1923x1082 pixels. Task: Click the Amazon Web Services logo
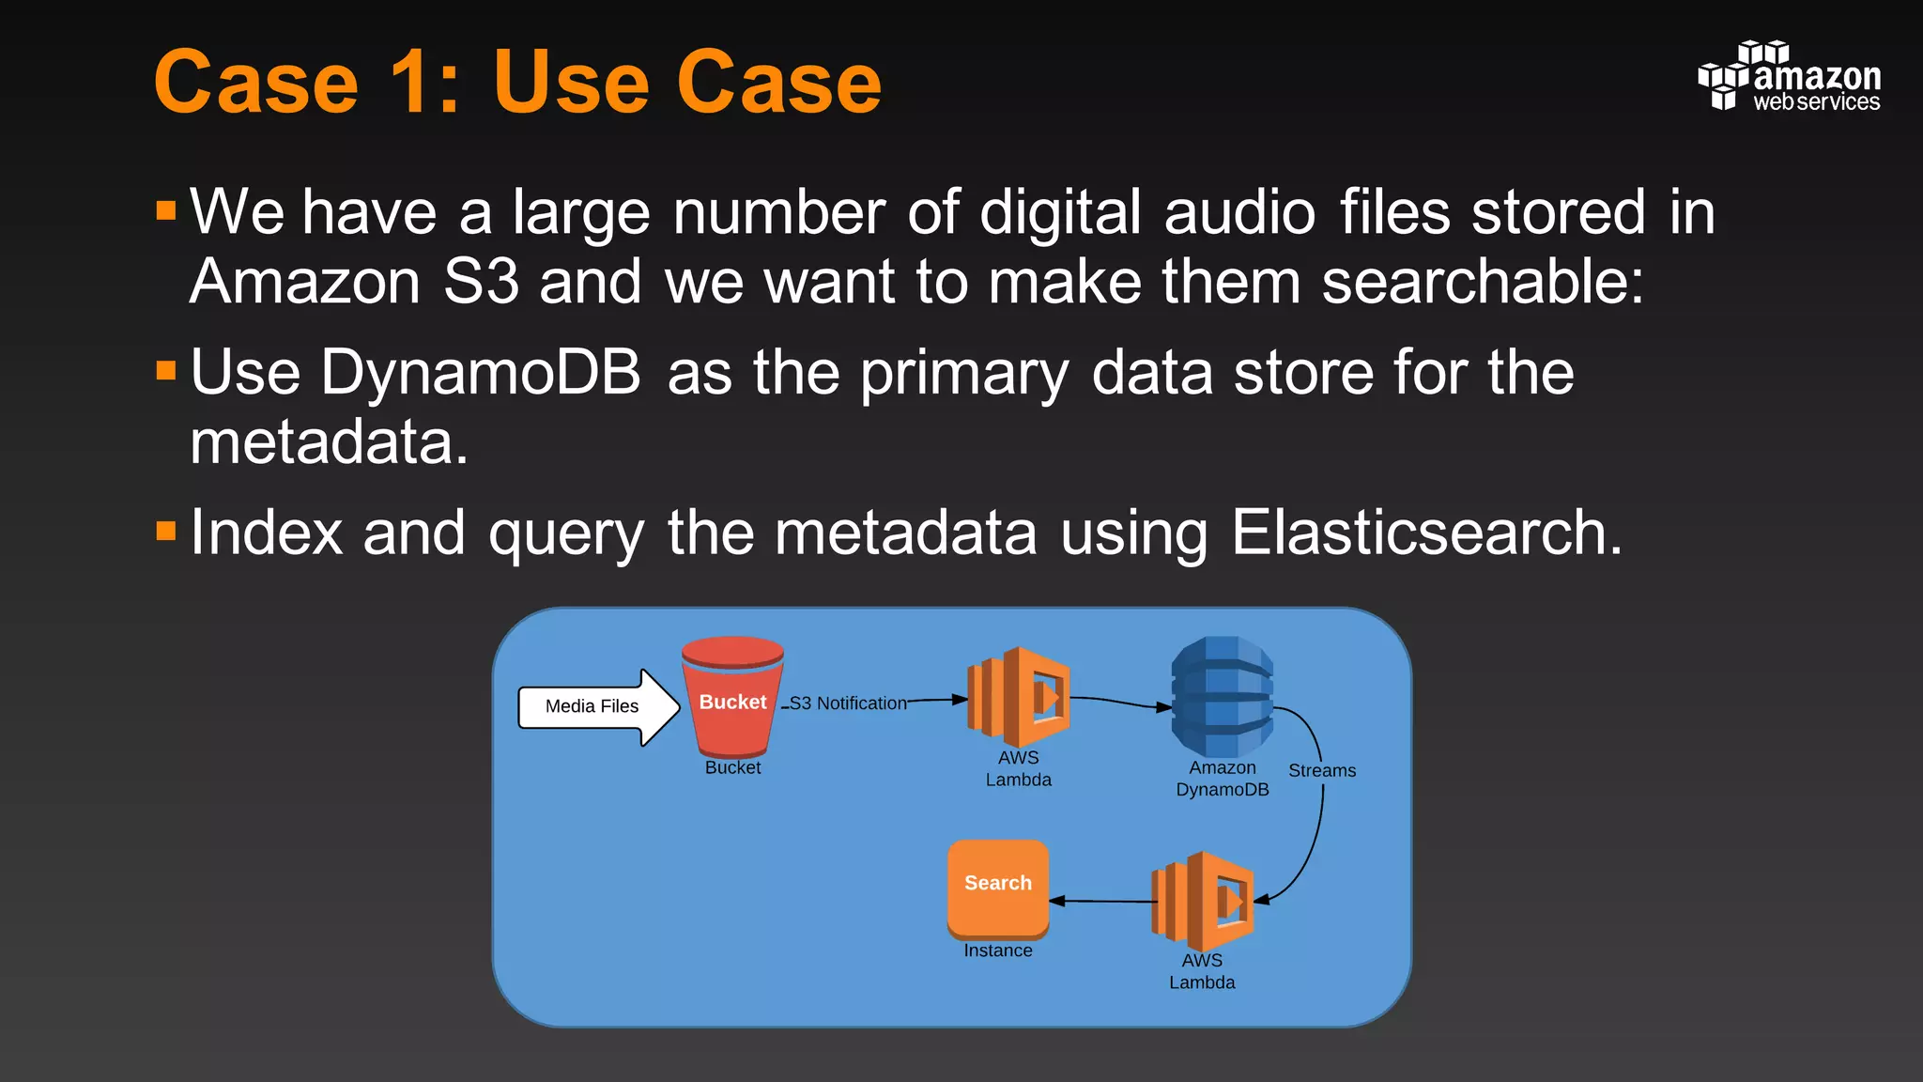click(x=1789, y=77)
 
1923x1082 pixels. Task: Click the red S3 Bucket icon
click(x=732, y=697)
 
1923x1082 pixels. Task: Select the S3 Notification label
click(x=848, y=703)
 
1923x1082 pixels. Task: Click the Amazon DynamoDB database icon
click(x=1222, y=697)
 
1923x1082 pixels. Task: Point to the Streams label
click(x=1321, y=771)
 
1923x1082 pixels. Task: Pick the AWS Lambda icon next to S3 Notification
click(x=1019, y=696)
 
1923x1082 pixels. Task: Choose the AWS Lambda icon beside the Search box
click(x=1203, y=901)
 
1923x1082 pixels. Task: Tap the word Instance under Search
click(x=997, y=951)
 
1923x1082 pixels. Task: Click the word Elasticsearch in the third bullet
click(x=1425, y=533)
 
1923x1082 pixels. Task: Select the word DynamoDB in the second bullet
click(x=481, y=373)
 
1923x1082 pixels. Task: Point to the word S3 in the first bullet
click(x=480, y=282)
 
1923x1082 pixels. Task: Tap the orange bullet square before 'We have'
click(x=166, y=209)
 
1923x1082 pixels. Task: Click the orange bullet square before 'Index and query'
click(x=166, y=532)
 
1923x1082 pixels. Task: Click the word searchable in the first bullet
click(x=1483, y=282)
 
